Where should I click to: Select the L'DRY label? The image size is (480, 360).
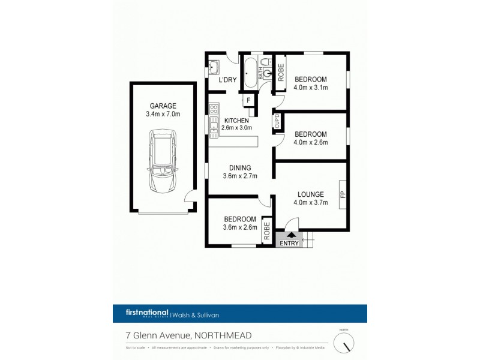point(226,80)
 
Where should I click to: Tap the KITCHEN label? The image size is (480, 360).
point(236,121)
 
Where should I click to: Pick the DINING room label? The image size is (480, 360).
point(239,167)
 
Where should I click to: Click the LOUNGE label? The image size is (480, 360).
point(311,194)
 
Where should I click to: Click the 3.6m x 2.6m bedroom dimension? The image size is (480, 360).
point(240,227)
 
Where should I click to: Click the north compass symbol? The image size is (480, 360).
point(344,343)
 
